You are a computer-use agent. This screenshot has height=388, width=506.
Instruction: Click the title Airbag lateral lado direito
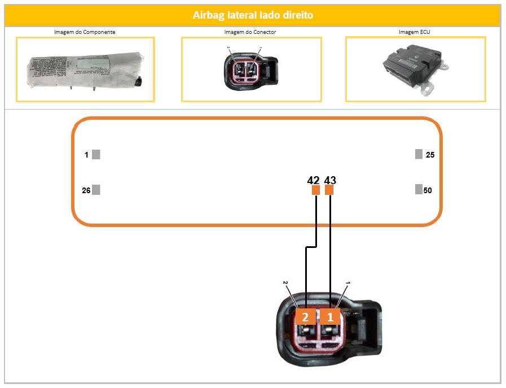(x=253, y=15)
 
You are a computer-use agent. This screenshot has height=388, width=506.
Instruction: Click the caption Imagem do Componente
(x=85, y=32)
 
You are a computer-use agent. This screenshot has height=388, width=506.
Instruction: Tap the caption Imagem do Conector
(x=250, y=32)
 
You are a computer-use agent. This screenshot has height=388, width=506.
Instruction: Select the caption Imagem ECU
(x=414, y=32)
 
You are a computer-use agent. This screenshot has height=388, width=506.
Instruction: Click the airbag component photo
(x=85, y=70)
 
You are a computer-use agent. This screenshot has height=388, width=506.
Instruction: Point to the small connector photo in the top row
(x=251, y=70)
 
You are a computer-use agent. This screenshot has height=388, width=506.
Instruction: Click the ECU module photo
(x=415, y=69)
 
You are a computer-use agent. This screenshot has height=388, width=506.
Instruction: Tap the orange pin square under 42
(x=316, y=190)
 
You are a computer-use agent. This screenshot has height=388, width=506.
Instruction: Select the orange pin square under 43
(x=329, y=190)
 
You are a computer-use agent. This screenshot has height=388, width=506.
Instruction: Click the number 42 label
(x=314, y=180)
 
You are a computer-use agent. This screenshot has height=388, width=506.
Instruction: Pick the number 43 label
(x=331, y=180)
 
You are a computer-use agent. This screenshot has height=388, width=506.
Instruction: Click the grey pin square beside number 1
(x=96, y=154)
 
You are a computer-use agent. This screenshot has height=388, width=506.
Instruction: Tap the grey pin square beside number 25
(x=419, y=154)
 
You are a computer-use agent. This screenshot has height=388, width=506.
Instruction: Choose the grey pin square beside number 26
(x=96, y=190)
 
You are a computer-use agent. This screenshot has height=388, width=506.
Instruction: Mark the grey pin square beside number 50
(x=419, y=189)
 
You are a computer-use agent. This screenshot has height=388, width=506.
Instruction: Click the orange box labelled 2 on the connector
(x=305, y=317)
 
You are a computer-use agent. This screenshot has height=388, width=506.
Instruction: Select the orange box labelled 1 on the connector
(x=331, y=317)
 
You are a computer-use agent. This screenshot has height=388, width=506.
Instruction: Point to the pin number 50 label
(x=428, y=190)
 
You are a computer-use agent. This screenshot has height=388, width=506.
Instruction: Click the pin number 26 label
(x=86, y=190)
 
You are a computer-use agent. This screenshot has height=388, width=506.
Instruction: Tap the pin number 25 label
(x=430, y=155)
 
